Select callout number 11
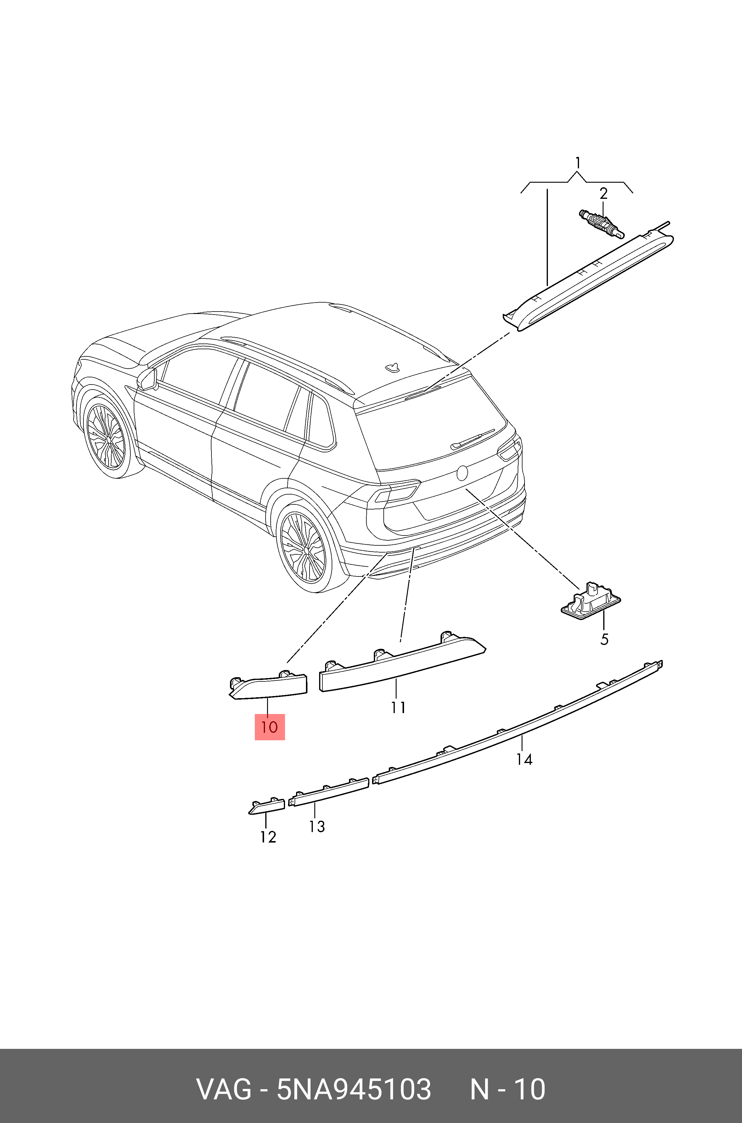(398, 708)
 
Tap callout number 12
(268, 837)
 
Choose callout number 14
(524, 759)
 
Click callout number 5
(604, 640)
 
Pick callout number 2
(603, 193)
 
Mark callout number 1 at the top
(577, 163)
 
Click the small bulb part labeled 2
(601, 224)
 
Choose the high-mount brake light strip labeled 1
(592, 279)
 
